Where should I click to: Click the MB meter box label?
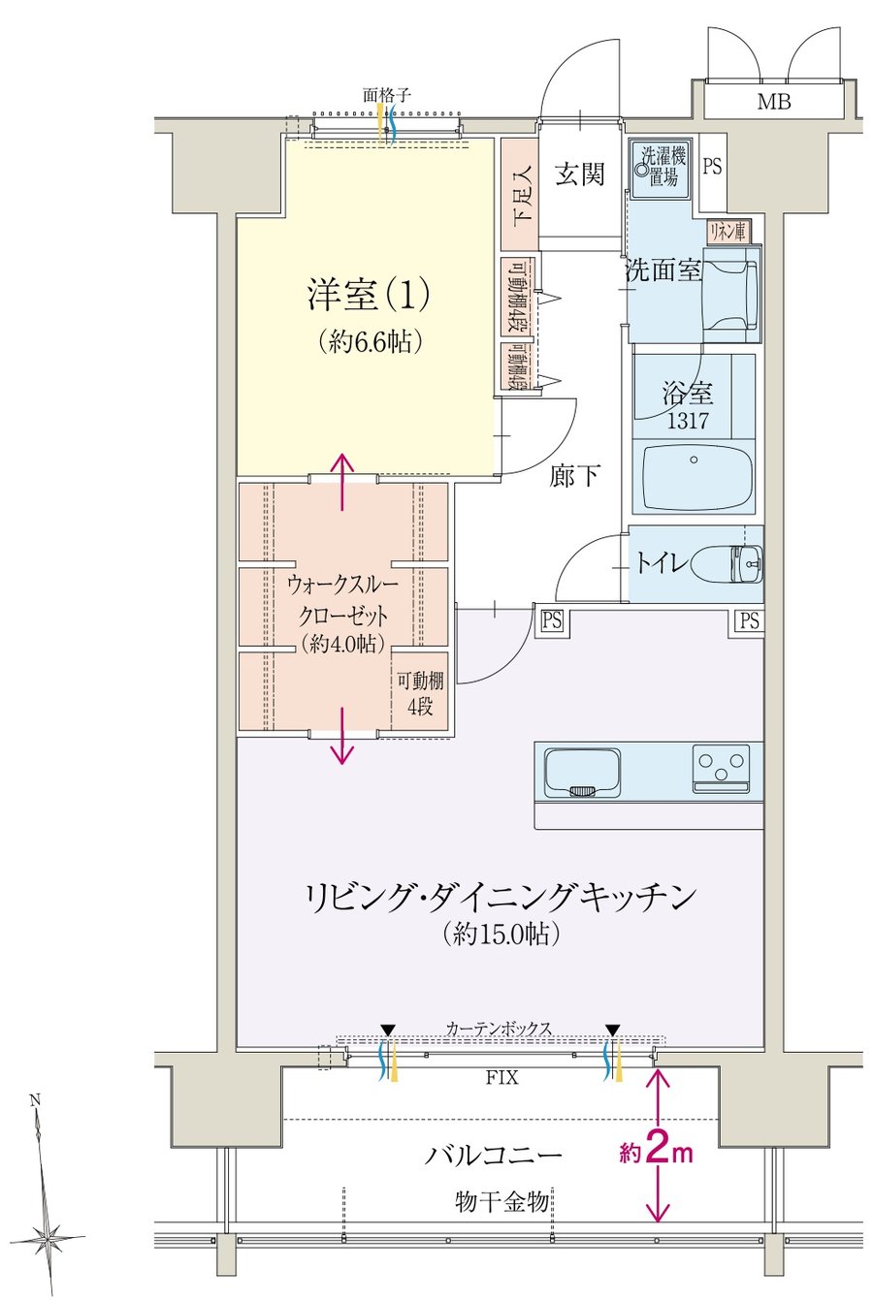774,102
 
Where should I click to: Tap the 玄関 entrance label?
580,174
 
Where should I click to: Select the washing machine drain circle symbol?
642,170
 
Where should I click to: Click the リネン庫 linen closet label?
727,232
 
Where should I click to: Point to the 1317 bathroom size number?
687,420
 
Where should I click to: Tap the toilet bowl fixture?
727,562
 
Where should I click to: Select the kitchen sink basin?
582,773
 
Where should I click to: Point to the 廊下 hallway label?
574,476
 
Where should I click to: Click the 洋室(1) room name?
369,295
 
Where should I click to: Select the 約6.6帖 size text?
369,343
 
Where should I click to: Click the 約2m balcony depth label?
656,1152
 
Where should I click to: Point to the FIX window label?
501,1078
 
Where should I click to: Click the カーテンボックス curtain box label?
499,1029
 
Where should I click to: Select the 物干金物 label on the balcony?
501,1201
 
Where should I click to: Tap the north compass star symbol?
48,1239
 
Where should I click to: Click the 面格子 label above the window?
387,95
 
